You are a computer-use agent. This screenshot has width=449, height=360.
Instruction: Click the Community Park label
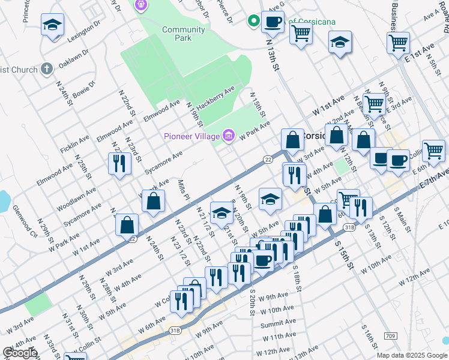[x=184, y=34]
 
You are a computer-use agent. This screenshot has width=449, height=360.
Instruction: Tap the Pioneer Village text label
[x=191, y=136]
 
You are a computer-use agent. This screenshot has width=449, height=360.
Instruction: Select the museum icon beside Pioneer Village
[x=228, y=136]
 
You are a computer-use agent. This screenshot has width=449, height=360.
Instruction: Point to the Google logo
[x=20, y=353]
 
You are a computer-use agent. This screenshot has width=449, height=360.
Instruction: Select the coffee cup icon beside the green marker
[x=273, y=23]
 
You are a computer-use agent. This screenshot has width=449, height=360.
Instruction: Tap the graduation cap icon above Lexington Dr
[x=52, y=25]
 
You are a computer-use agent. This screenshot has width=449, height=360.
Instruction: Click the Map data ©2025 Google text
[x=411, y=355]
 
